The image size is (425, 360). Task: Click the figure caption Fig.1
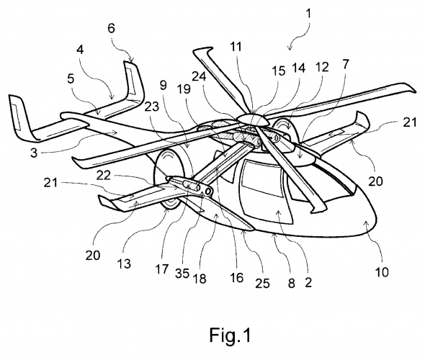[x=230, y=335]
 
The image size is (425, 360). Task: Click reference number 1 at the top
[x=308, y=13]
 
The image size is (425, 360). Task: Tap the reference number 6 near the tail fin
[x=112, y=28]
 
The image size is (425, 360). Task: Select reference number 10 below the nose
[x=382, y=271]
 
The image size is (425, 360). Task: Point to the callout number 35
[x=182, y=274]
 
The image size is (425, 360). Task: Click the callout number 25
[x=262, y=283]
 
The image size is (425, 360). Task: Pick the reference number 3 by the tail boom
[x=34, y=153]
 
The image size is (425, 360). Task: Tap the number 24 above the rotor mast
[x=199, y=76]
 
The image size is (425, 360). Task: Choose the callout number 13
[x=124, y=263]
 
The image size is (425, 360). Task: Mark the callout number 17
[x=162, y=269]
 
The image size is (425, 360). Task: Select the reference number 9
[x=163, y=86]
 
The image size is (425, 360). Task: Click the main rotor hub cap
[x=252, y=120]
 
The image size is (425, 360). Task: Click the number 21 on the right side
[x=409, y=122]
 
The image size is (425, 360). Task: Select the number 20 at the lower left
[x=93, y=255]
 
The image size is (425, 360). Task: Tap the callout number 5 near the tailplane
[x=71, y=78]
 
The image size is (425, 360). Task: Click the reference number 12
[x=322, y=67]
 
